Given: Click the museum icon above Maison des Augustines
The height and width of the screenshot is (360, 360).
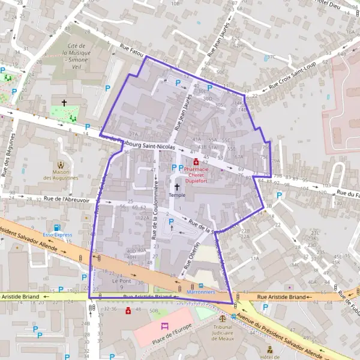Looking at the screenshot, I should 60,163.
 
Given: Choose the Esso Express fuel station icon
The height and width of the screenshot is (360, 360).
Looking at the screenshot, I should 56,228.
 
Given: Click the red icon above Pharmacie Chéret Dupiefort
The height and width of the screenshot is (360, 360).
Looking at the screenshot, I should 196,161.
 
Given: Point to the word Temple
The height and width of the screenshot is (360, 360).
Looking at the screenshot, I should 177,195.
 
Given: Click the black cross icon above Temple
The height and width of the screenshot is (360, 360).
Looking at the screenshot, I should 176,187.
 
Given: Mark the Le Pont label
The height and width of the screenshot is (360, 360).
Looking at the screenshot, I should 121,281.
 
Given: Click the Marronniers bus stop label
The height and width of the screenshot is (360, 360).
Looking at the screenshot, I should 201,292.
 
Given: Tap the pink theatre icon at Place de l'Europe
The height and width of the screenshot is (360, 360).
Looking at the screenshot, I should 165,326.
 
